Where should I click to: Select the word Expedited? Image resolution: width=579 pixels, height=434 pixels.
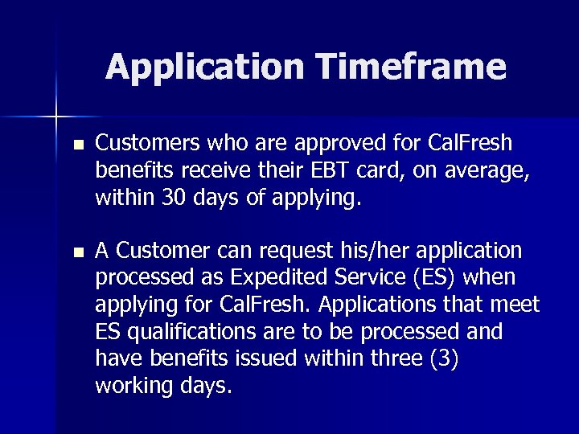coord(273,278)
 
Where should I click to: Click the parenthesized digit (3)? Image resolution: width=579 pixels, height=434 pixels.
coord(444,358)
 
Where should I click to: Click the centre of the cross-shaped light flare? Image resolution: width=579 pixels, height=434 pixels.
coord(56,117)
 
